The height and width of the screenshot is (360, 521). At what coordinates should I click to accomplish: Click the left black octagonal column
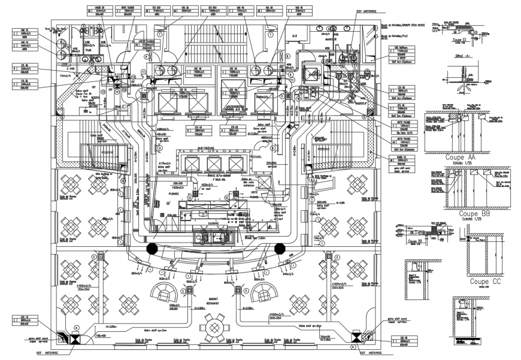[152, 249]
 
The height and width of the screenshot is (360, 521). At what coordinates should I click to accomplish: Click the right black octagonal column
[279, 249]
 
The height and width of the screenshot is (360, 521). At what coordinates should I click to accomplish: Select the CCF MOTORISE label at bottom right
[372, 354]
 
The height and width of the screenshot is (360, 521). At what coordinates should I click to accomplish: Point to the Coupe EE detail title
[459, 40]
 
